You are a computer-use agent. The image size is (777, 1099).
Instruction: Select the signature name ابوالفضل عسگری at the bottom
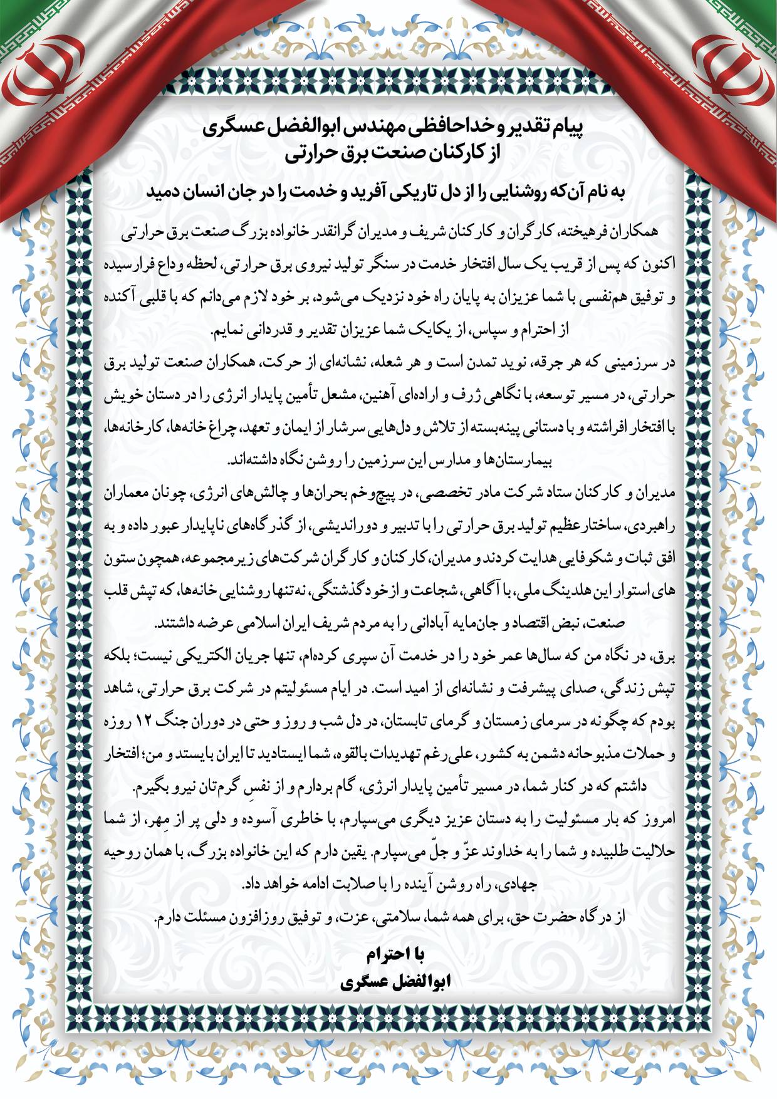click(395, 981)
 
